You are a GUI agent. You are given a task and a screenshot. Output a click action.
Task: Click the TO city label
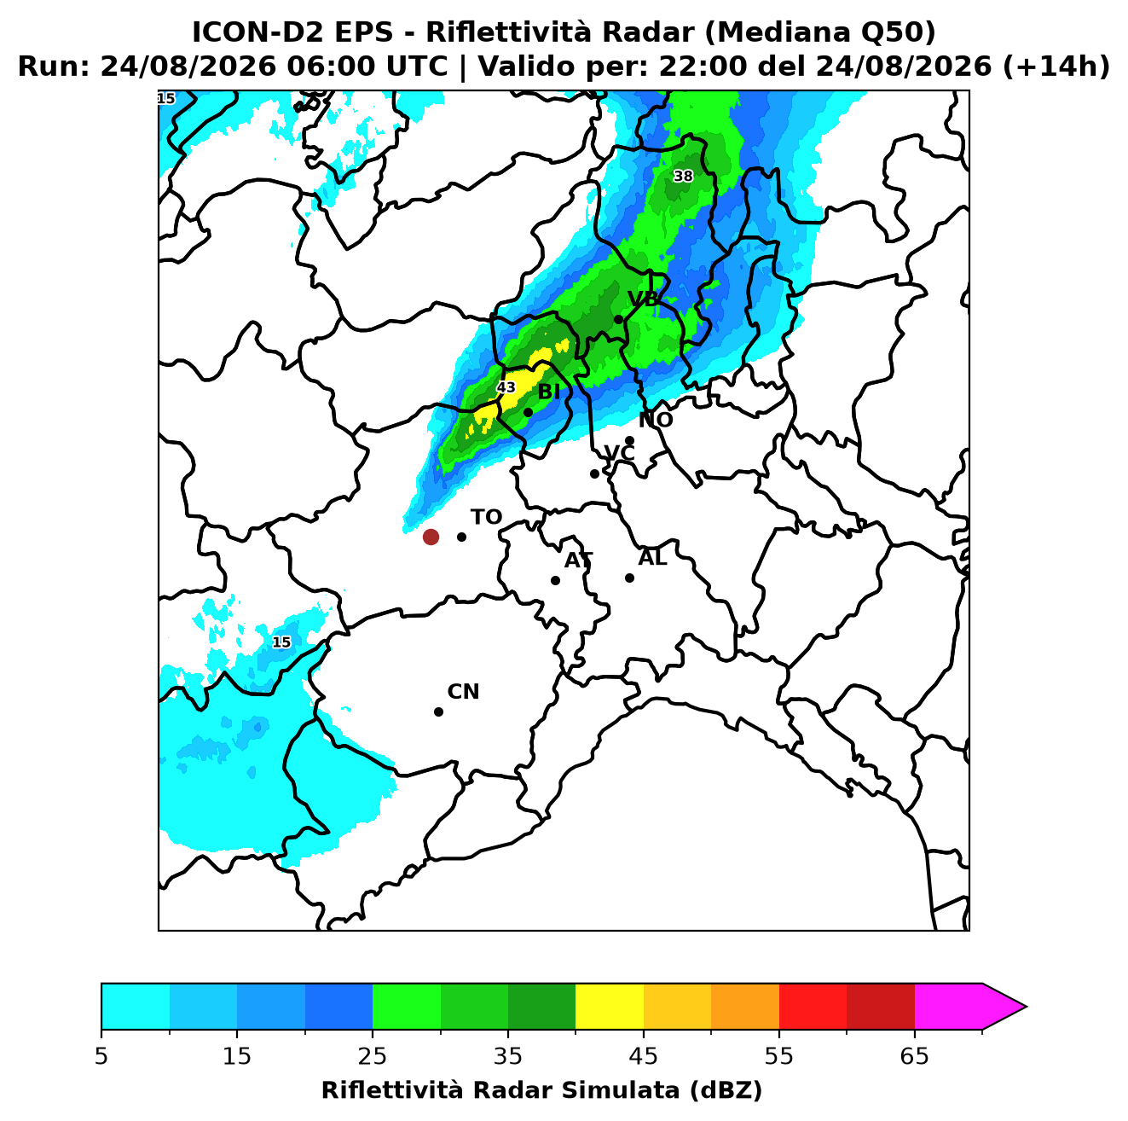(x=486, y=517)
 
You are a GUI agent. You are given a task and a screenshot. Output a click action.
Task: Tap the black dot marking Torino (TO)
(x=461, y=537)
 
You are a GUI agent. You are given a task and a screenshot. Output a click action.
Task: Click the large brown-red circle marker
(x=431, y=537)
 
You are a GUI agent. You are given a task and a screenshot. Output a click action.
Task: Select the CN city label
(x=463, y=692)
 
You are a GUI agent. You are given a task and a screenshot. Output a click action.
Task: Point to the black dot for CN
(x=438, y=712)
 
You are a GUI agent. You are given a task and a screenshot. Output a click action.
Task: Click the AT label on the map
(x=578, y=560)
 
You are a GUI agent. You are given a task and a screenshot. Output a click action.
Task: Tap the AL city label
(x=652, y=558)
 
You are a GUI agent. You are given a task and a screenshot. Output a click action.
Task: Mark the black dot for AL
(x=629, y=578)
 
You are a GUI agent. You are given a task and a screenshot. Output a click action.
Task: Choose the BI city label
(x=548, y=392)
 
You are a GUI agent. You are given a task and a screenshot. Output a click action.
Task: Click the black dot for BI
(x=528, y=413)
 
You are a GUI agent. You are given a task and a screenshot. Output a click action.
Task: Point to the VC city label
(x=619, y=453)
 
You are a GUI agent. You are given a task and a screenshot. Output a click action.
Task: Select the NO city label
(x=655, y=420)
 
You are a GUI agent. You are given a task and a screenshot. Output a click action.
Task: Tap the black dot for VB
(x=618, y=319)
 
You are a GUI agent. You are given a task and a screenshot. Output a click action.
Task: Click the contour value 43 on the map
(x=506, y=387)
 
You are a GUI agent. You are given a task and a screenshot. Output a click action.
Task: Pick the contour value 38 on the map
(x=683, y=176)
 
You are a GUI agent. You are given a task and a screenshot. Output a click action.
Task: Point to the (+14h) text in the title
(x=1056, y=67)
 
